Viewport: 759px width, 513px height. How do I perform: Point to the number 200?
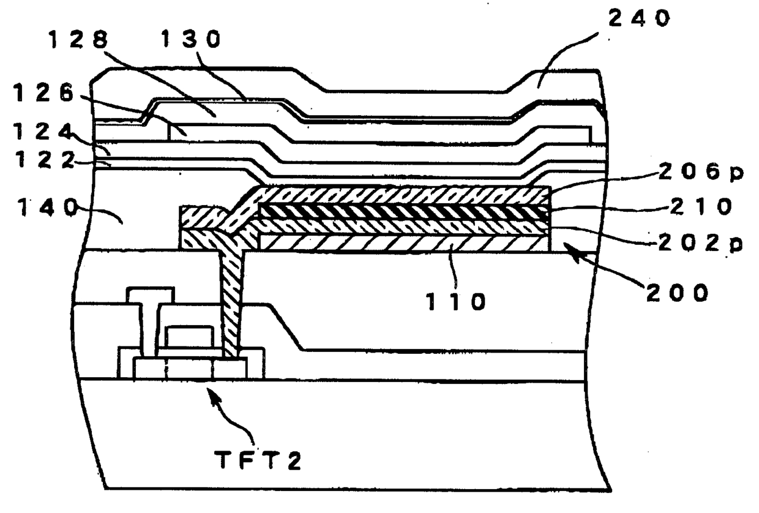pos(678,293)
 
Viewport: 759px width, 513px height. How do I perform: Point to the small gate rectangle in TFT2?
pos(190,337)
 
